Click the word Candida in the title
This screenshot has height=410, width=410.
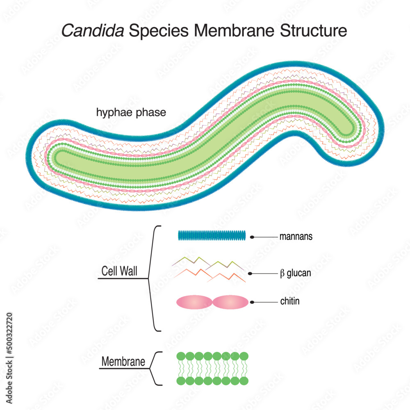pyautogui.click(x=93, y=31)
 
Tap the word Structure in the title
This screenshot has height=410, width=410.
pyautogui.click(x=314, y=31)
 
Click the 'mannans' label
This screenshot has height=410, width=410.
pyautogui.click(x=296, y=237)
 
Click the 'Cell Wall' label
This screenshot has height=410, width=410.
pyautogui.click(x=119, y=271)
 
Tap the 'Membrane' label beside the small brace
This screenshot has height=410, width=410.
pyautogui.click(x=123, y=362)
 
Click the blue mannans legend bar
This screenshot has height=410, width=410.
pyautogui.click(x=212, y=235)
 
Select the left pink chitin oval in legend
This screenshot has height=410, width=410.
pyautogui.click(x=194, y=303)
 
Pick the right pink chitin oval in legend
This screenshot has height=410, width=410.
pyautogui.click(x=230, y=303)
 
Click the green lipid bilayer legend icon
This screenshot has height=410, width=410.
pyautogui.click(x=212, y=368)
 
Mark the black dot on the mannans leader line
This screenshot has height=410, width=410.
pyautogui.click(x=252, y=237)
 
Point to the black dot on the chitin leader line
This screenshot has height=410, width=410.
pyautogui.click(x=252, y=302)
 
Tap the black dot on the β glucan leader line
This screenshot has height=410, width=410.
pyautogui.click(x=250, y=273)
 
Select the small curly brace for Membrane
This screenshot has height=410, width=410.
pyautogui.click(x=156, y=368)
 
